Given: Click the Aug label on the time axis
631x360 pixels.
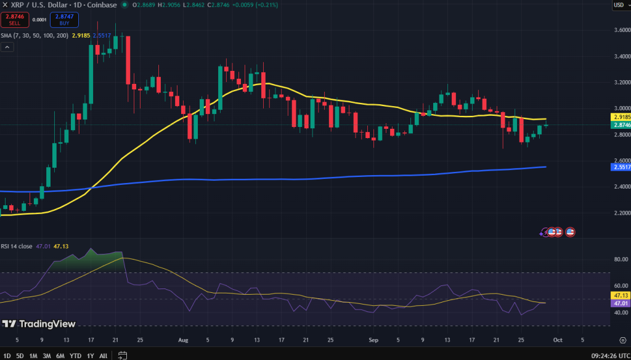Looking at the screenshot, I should tap(183, 339).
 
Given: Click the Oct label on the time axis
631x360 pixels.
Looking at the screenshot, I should tap(557, 339).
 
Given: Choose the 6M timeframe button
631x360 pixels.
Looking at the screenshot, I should tap(60, 355).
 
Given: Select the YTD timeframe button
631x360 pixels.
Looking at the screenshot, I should tap(76, 355).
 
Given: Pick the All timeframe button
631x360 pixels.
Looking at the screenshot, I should tap(103, 355).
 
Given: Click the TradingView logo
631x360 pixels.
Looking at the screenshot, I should tap(39, 324).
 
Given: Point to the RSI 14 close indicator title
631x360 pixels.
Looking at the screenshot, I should tap(18, 246).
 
